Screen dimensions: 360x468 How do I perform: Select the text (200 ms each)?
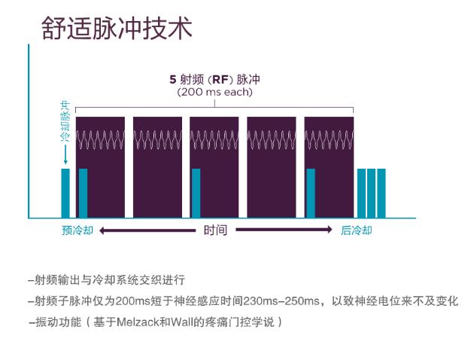click(x=215, y=92)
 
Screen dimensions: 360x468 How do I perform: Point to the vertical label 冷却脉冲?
click(x=65, y=125)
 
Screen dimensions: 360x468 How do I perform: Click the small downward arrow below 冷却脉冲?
click(x=65, y=156)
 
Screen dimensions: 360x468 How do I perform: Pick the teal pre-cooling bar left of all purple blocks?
click(x=65, y=194)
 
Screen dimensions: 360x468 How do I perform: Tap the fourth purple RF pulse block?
click(x=272, y=167)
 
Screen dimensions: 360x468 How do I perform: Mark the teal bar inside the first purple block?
click(x=83, y=194)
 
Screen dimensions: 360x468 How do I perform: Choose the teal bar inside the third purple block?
click(x=196, y=194)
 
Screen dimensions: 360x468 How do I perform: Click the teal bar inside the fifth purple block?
click(x=309, y=194)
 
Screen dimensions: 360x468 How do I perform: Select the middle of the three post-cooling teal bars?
click(x=371, y=194)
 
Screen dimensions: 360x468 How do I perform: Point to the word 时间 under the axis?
click(x=215, y=230)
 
